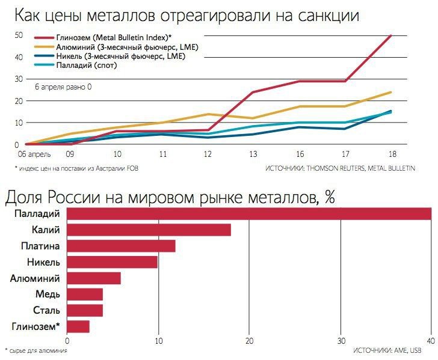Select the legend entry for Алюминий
point(126,47)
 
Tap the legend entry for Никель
point(120,56)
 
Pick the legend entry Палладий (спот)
point(90,65)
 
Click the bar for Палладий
point(249,213)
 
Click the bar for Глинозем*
point(79,327)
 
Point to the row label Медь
point(48,294)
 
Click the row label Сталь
point(46,311)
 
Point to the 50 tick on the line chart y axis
point(18,35)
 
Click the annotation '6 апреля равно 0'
point(63,87)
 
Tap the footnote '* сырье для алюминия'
point(35,350)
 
